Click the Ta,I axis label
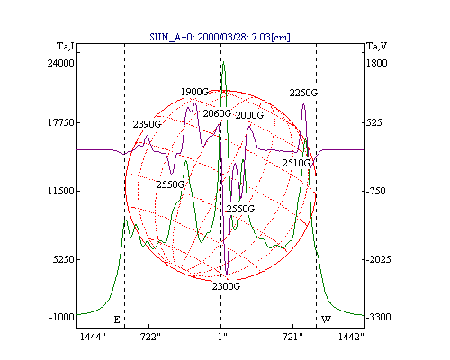(x=66, y=46)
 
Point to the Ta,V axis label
(x=377, y=46)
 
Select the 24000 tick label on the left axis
(x=60, y=63)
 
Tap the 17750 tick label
(x=61, y=122)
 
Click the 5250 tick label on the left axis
(x=63, y=259)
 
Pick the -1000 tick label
(x=61, y=317)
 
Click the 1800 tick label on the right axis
(x=377, y=63)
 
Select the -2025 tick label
(x=379, y=259)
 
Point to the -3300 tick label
(x=379, y=317)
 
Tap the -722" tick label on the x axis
(x=148, y=337)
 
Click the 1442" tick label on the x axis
(x=351, y=337)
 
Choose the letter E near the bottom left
(x=117, y=319)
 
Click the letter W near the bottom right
(x=326, y=319)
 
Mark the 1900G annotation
(x=194, y=92)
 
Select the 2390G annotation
(x=147, y=124)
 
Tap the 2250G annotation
(x=303, y=93)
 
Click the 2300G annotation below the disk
(x=226, y=286)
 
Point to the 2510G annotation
(x=296, y=163)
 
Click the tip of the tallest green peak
(x=223, y=62)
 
